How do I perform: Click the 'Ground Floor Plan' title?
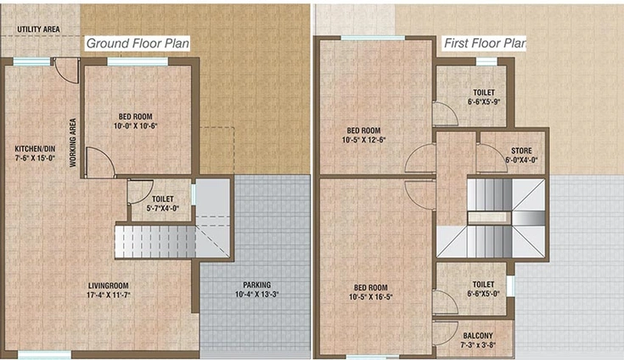[x=138, y=43]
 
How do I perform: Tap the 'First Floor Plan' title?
[x=485, y=43]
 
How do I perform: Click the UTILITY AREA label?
[x=38, y=30]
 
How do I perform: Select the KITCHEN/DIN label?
[x=35, y=149]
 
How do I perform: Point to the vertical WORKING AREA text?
[x=73, y=143]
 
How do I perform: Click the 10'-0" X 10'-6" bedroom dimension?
[x=136, y=127]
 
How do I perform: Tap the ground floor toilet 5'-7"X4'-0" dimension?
[x=163, y=208]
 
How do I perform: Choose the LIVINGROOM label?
[x=109, y=285]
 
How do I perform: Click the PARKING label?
[x=257, y=284]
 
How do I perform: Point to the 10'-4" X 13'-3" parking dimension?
[x=257, y=295]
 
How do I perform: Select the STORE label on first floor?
[x=521, y=151]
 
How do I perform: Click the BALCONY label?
[x=478, y=335]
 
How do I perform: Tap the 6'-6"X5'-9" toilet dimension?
[x=484, y=102]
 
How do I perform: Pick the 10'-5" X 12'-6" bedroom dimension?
[x=363, y=140]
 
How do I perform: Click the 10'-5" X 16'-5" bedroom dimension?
[x=371, y=297]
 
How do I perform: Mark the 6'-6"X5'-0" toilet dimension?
[x=483, y=294]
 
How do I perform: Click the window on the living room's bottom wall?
[x=44, y=353]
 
